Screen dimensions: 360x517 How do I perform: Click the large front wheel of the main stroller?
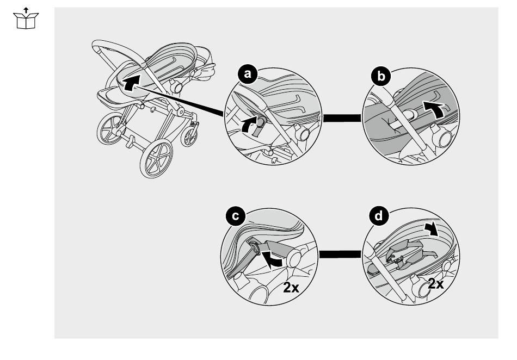pyautogui.click(x=156, y=158)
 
